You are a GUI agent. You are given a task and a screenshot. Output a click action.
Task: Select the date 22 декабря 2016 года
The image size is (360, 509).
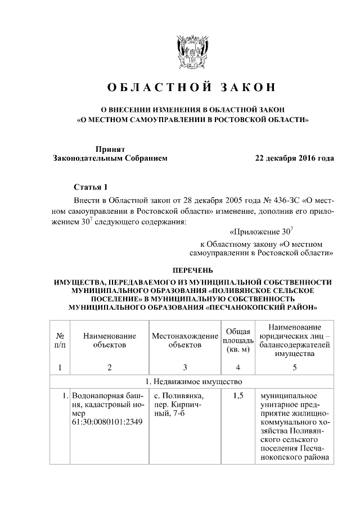[294, 159]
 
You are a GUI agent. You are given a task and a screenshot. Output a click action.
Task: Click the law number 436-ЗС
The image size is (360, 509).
[259, 200]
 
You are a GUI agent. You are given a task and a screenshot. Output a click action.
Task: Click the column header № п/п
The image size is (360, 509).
[60, 340]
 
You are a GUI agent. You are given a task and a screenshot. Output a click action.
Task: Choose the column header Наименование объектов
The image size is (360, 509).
[109, 340]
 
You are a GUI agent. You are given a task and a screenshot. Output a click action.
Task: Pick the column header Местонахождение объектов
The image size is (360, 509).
[184, 340]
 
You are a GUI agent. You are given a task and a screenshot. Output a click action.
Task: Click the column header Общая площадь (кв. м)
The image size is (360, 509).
[237, 341]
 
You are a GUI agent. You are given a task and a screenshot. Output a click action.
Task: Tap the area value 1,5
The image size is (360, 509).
[237, 396]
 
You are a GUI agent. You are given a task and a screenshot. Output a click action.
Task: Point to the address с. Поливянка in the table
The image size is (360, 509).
[175, 396]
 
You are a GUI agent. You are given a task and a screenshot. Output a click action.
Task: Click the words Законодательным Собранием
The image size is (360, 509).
[110, 159]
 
